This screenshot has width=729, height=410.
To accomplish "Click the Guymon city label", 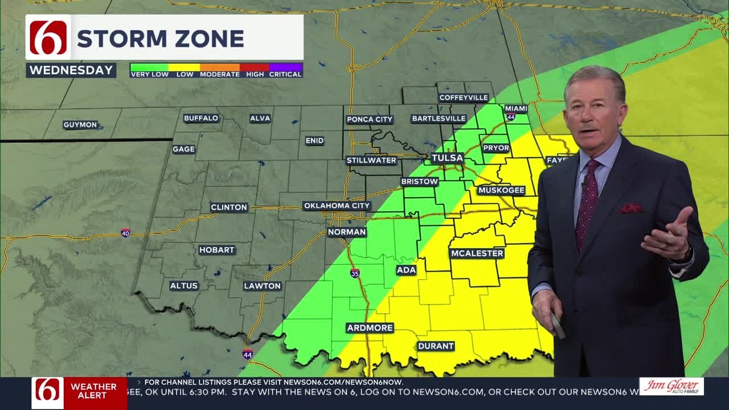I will [x=80, y=125].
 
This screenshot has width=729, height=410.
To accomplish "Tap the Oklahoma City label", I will [x=337, y=206].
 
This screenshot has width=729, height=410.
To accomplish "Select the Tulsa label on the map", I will [x=447, y=158].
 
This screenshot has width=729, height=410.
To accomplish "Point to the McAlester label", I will [x=477, y=253].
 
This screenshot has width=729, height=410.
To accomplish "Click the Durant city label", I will [x=436, y=346].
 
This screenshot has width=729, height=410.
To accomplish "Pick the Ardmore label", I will [x=370, y=328].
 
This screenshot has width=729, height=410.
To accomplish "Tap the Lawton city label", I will [x=263, y=286].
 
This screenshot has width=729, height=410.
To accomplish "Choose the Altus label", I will [x=184, y=286].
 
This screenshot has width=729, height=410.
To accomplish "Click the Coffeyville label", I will [x=464, y=97].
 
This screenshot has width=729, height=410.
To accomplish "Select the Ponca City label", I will [x=370, y=120].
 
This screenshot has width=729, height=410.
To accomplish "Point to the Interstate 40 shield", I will [x=125, y=233].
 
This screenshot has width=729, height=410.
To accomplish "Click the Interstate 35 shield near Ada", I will [x=355, y=273].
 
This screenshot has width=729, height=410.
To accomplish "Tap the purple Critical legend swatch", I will [x=286, y=67].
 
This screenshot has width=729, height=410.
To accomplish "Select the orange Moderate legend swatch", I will [x=220, y=67].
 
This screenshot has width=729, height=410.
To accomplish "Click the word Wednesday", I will [x=71, y=71].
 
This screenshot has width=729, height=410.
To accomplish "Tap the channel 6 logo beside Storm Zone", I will [x=48, y=38].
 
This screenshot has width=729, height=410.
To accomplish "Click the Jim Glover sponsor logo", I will [x=671, y=386].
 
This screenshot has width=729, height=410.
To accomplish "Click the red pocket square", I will [x=630, y=208].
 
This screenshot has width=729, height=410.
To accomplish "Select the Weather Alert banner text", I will [x=93, y=391].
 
